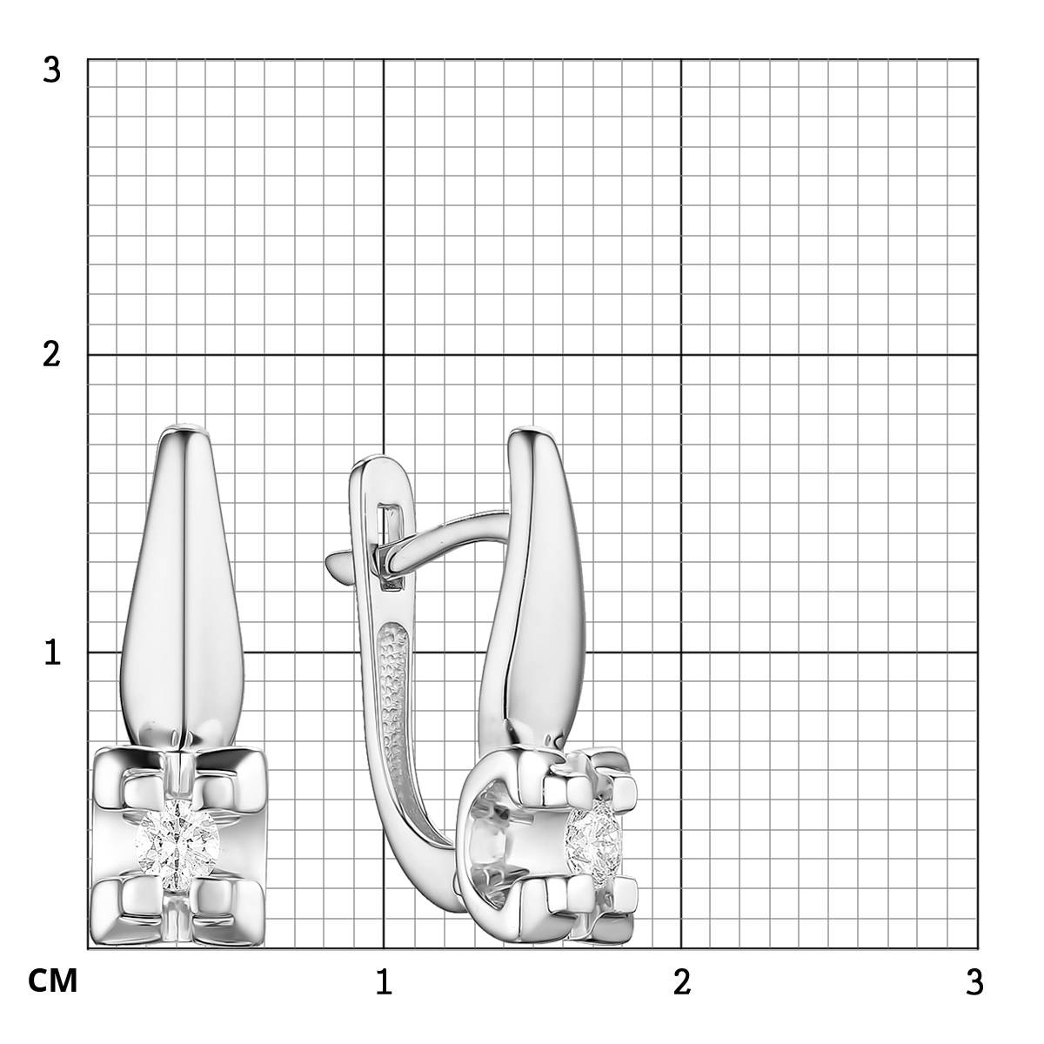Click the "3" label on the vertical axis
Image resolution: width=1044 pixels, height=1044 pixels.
[x=51, y=71]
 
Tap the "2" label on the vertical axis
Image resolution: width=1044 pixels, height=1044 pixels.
[x=51, y=356]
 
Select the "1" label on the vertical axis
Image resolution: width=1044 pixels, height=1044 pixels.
[x=52, y=652]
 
